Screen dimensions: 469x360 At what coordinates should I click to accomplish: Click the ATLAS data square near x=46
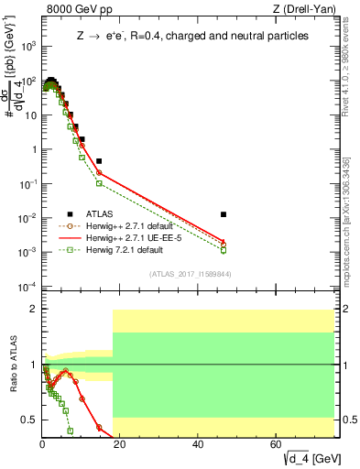tap(224, 214)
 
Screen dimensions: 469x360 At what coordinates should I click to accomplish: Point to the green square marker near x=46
tap(224, 250)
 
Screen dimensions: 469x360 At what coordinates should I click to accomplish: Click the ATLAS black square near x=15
tap(99, 161)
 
